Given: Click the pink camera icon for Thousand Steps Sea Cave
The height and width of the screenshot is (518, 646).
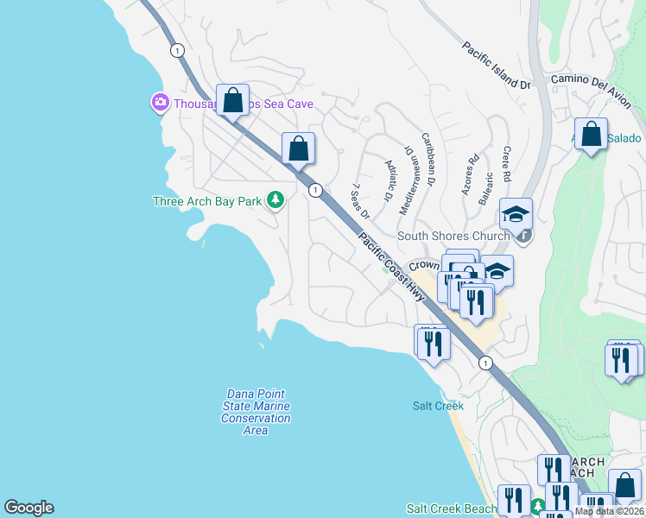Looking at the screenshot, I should (160, 104).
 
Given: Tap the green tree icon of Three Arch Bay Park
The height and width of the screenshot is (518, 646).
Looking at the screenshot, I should (275, 201).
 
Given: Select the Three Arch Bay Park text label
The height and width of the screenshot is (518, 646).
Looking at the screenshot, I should (206, 202).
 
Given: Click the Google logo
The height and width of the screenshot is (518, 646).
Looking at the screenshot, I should (28, 508).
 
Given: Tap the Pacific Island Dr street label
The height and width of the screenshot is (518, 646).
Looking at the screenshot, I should (496, 66).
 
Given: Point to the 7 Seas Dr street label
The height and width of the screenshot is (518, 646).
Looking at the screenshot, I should (361, 201).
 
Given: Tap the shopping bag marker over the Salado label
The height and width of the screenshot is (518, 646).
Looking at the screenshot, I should (591, 134).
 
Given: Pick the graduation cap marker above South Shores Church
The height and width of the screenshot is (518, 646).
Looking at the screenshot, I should (516, 213).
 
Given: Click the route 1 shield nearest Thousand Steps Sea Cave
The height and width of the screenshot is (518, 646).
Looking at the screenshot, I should (177, 50).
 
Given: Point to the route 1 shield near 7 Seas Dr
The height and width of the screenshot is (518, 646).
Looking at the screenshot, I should (316, 190).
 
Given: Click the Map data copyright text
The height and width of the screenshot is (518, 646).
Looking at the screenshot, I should (609, 511).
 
